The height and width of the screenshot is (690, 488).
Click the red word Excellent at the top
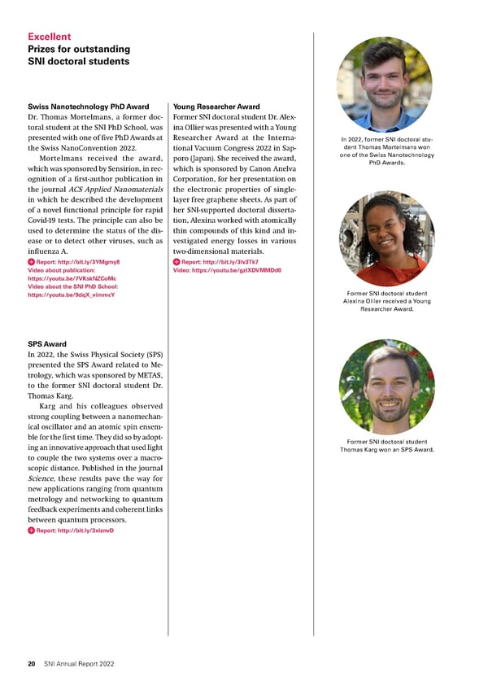(49, 37)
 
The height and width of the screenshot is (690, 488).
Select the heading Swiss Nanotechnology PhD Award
(89, 107)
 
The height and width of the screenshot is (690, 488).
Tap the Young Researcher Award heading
(216, 107)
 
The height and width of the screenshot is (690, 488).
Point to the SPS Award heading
(47, 344)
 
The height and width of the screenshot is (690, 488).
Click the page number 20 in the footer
(31, 664)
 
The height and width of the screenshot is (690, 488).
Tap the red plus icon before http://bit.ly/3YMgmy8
(32, 262)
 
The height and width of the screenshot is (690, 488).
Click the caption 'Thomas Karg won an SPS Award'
(386, 450)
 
